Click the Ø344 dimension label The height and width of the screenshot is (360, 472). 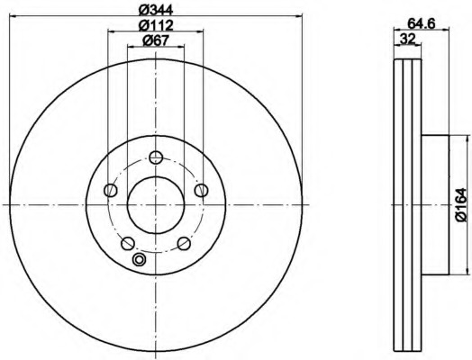[x=156, y=10]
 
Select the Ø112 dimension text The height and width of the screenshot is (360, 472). [x=156, y=25]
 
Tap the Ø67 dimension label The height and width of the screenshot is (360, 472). [x=156, y=40]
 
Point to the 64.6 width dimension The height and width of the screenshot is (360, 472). [x=422, y=23]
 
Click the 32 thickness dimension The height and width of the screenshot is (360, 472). [x=407, y=39]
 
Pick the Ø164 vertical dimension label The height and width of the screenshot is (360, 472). [x=460, y=205]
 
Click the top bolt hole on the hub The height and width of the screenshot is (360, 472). [x=156, y=157]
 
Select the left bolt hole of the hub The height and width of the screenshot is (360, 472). [x=111, y=190]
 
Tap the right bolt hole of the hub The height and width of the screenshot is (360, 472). [x=201, y=190]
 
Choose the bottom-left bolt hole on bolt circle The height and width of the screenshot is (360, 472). [x=128, y=243]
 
